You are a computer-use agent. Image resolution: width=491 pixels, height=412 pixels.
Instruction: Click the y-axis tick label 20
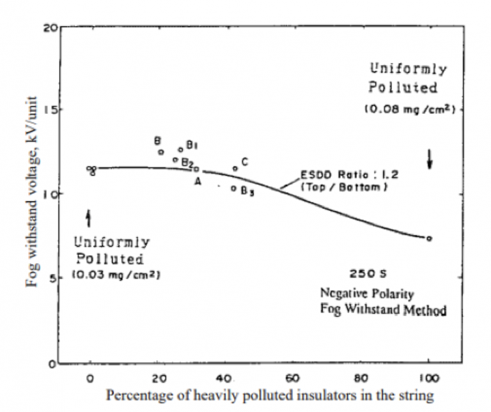[50, 27]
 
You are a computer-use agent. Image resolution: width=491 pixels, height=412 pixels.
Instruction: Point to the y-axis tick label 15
[50, 109]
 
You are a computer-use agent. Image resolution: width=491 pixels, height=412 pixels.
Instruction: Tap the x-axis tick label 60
[294, 378]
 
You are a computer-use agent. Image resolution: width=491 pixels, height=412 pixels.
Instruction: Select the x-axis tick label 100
[429, 378]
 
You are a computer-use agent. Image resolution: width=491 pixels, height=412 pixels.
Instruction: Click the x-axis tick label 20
[159, 378]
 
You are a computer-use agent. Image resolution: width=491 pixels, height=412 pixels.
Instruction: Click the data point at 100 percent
[429, 238]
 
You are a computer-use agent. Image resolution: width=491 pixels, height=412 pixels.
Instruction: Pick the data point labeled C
[235, 169]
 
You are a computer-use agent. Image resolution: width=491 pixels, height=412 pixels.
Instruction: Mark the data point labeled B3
[233, 188]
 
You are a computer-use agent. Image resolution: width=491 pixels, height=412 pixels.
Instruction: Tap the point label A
[198, 181]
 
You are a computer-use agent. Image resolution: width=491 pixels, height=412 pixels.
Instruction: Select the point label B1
[191, 146]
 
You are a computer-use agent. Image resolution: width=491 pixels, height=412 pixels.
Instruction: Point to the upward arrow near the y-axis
[88, 218]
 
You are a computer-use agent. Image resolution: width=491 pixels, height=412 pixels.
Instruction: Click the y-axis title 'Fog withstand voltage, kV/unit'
[31, 192]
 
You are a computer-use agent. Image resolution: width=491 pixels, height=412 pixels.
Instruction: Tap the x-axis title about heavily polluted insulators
[269, 395]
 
